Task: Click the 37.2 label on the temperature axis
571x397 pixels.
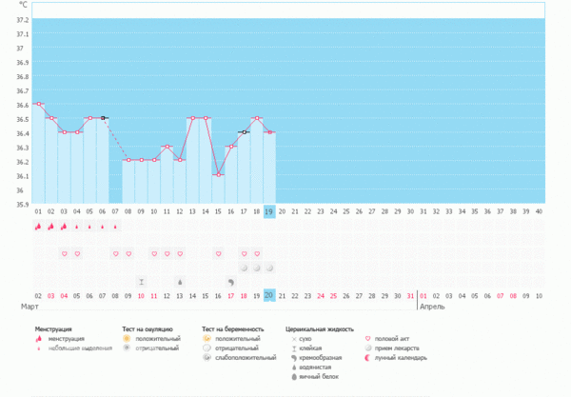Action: [22, 19]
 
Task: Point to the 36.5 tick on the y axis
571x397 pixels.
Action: [22, 119]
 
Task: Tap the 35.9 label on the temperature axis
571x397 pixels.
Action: [22, 204]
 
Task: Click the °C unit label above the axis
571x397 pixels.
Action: [23, 6]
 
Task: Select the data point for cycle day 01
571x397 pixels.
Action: [38, 104]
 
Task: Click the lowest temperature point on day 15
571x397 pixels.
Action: [218, 174]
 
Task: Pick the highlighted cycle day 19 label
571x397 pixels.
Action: [269, 211]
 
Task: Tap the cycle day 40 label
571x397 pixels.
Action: [539, 211]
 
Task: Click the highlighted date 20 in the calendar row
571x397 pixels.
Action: [269, 296]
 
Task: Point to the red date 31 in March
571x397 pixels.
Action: [410, 296]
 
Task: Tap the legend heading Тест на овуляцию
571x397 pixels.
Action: [147, 328]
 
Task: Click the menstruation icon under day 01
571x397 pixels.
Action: [38, 228]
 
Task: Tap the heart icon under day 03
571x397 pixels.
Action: [64, 254]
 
